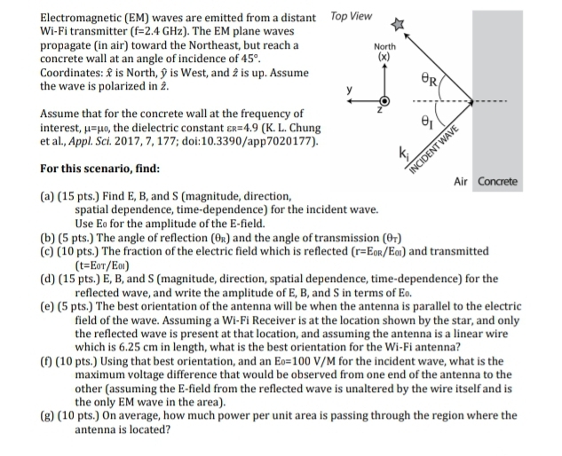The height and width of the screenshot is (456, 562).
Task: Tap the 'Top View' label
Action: [351, 15]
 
